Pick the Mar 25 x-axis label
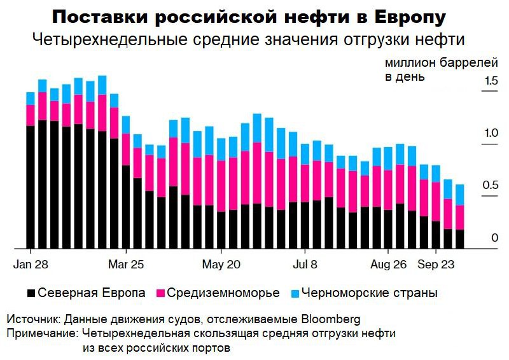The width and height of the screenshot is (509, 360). (127, 263)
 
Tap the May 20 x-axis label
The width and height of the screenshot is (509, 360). (221, 263)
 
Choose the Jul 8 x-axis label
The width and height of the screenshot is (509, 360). (305, 263)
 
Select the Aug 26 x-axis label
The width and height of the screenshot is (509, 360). (389, 263)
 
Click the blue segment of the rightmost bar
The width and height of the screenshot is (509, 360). (459, 195)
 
